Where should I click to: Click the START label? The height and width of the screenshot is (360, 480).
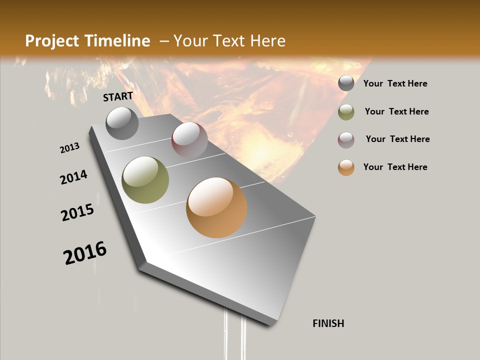(x=118, y=96)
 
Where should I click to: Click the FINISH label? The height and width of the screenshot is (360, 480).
(x=328, y=323)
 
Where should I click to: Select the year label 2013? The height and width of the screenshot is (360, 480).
(x=70, y=148)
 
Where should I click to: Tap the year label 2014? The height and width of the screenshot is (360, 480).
(x=74, y=177)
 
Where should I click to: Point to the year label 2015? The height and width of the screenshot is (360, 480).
(x=77, y=212)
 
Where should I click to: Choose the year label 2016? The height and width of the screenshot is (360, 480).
(x=85, y=253)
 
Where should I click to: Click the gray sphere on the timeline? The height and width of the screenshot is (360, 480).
(x=122, y=123)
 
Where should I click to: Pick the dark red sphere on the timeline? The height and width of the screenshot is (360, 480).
(x=189, y=139)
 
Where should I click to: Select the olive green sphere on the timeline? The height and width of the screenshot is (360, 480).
(x=145, y=180)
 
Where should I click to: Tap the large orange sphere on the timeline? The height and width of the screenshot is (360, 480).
(x=216, y=207)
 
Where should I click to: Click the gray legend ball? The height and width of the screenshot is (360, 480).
(x=346, y=83)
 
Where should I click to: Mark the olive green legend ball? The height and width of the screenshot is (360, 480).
(x=346, y=112)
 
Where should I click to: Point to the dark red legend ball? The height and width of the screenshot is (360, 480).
(x=346, y=140)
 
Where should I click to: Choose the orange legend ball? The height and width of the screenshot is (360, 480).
(x=346, y=167)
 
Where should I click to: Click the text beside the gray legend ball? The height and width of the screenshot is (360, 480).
(x=395, y=83)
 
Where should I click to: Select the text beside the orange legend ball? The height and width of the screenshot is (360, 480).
(x=395, y=167)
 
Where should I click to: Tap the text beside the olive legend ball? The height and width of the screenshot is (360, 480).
(x=397, y=111)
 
